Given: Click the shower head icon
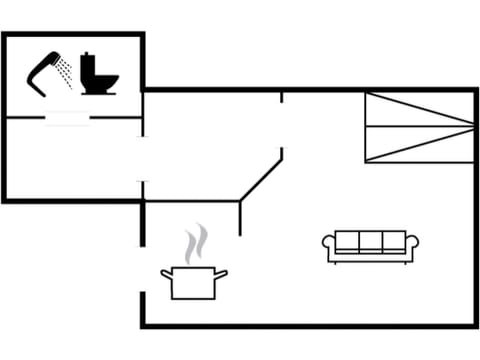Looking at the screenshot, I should tap(42, 71).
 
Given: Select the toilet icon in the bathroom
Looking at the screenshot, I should tap(98, 73).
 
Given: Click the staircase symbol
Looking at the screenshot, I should tap(418, 127).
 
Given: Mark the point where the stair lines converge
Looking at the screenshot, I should tap(472, 126).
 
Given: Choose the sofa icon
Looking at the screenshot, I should tap(370, 246).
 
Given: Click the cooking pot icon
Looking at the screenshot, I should tap(194, 282).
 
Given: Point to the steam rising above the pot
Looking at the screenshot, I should tap(196, 244).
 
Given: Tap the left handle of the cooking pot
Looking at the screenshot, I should tap(166, 273).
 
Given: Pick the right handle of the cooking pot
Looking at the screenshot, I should tap(222, 273).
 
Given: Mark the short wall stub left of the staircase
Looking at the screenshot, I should tap(281, 97).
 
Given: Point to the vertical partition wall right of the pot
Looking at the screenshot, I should tap(239, 217).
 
